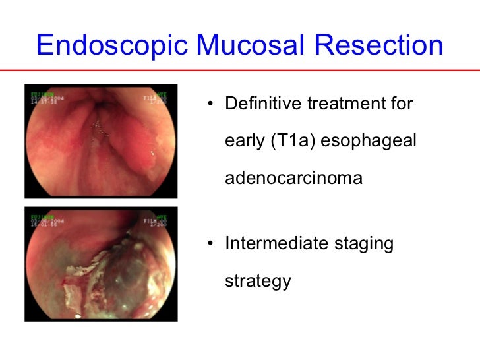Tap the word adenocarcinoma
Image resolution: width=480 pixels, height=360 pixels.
coord(293,178)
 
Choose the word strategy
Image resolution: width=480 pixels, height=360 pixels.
coord(258,282)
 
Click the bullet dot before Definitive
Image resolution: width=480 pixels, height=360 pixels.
coord(209,105)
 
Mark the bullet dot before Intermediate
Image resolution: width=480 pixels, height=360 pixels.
coord(209,245)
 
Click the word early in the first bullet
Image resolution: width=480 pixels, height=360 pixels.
coord(244,142)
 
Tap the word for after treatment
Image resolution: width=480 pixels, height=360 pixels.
coord(400,104)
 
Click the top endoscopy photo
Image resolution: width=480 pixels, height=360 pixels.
coord(101,141)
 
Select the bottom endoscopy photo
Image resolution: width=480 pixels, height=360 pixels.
coord(101,264)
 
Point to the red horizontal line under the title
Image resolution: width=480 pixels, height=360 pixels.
coord(240,69)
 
